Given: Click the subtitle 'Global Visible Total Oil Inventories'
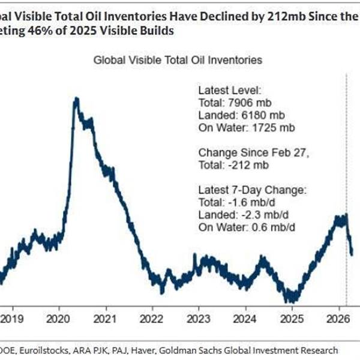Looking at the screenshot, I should (x=178, y=60).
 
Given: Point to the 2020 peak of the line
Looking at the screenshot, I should (x=76, y=99).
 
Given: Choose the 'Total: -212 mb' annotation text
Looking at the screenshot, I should (x=233, y=164).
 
